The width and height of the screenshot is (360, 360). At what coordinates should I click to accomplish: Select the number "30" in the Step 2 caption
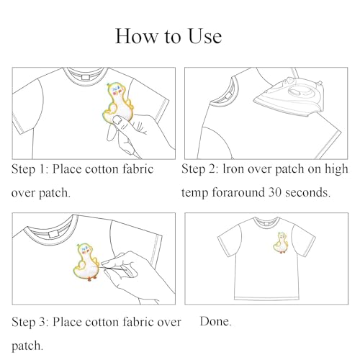point(288,194)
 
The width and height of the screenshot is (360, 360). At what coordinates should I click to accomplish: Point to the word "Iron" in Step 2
point(236,170)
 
